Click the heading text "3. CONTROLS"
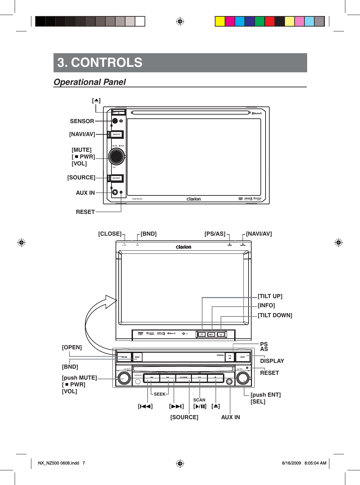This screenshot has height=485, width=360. click(100, 63)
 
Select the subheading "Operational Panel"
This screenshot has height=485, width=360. click(90, 82)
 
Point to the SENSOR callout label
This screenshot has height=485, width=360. click(82, 121)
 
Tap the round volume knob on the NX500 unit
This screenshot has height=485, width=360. click(116, 157)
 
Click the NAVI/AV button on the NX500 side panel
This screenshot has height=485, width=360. click(117, 134)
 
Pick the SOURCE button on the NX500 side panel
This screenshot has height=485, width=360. click(116, 178)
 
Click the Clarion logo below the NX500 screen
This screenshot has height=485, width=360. click(194, 199)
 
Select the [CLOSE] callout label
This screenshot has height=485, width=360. click(109, 234)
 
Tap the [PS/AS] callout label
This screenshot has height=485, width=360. click(215, 234)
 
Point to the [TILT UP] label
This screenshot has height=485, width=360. click(270, 296)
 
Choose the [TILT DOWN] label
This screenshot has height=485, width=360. click(275, 315)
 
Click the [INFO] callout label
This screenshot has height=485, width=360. click(266, 305)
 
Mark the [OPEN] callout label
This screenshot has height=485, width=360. click(72, 347)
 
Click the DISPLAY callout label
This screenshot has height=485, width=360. click(272, 361)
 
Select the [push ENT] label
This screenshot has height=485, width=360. click(266, 395)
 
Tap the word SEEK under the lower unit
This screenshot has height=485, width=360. click(160, 394)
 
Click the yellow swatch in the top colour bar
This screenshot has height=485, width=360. click(220, 21)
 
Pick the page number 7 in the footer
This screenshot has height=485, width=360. click(84, 463)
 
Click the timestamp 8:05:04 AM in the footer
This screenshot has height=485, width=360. click(315, 463)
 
